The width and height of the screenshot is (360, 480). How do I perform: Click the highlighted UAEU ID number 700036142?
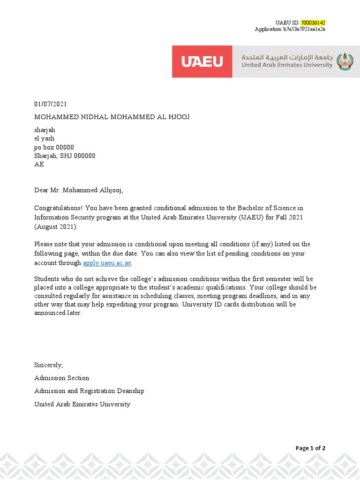click(x=313, y=22)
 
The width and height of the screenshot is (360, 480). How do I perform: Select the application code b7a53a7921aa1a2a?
click(x=304, y=29)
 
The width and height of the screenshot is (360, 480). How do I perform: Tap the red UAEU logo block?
click(x=202, y=61)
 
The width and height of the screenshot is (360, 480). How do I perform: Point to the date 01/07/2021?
click(x=47, y=104)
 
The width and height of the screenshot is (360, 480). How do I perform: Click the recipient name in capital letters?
click(x=112, y=117)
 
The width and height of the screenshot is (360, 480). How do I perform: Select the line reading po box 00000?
click(x=54, y=147)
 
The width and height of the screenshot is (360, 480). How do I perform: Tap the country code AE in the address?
click(x=39, y=165)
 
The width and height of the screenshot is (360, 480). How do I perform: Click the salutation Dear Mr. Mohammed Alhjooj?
click(x=78, y=190)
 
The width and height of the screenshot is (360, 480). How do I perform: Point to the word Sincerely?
click(x=48, y=365)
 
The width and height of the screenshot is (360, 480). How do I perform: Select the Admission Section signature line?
click(x=61, y=378)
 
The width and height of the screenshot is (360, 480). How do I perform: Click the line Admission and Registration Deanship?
click(x=89, y=391)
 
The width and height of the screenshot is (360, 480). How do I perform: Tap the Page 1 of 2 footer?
click(x=310, y=448)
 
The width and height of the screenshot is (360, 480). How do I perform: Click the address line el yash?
click(x=45, y=138)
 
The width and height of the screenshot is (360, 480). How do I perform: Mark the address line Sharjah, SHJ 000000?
click(x=65, y=156)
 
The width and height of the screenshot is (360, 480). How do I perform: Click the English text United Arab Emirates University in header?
click(x=287, y=65)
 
